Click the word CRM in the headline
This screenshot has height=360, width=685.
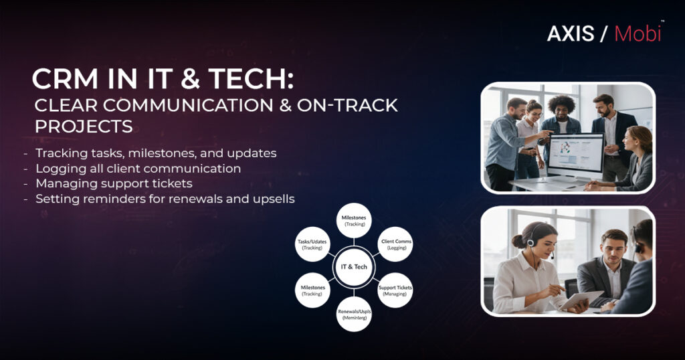(66, 80)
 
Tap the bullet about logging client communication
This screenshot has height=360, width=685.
(138, 168)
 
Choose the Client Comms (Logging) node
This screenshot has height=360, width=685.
(396, 244)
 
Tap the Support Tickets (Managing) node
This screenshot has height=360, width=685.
(395, 290)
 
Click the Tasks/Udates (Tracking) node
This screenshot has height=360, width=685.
(312, 244)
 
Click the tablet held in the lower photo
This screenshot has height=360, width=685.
(573, 299)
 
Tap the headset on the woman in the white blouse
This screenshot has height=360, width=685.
(530, 239)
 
